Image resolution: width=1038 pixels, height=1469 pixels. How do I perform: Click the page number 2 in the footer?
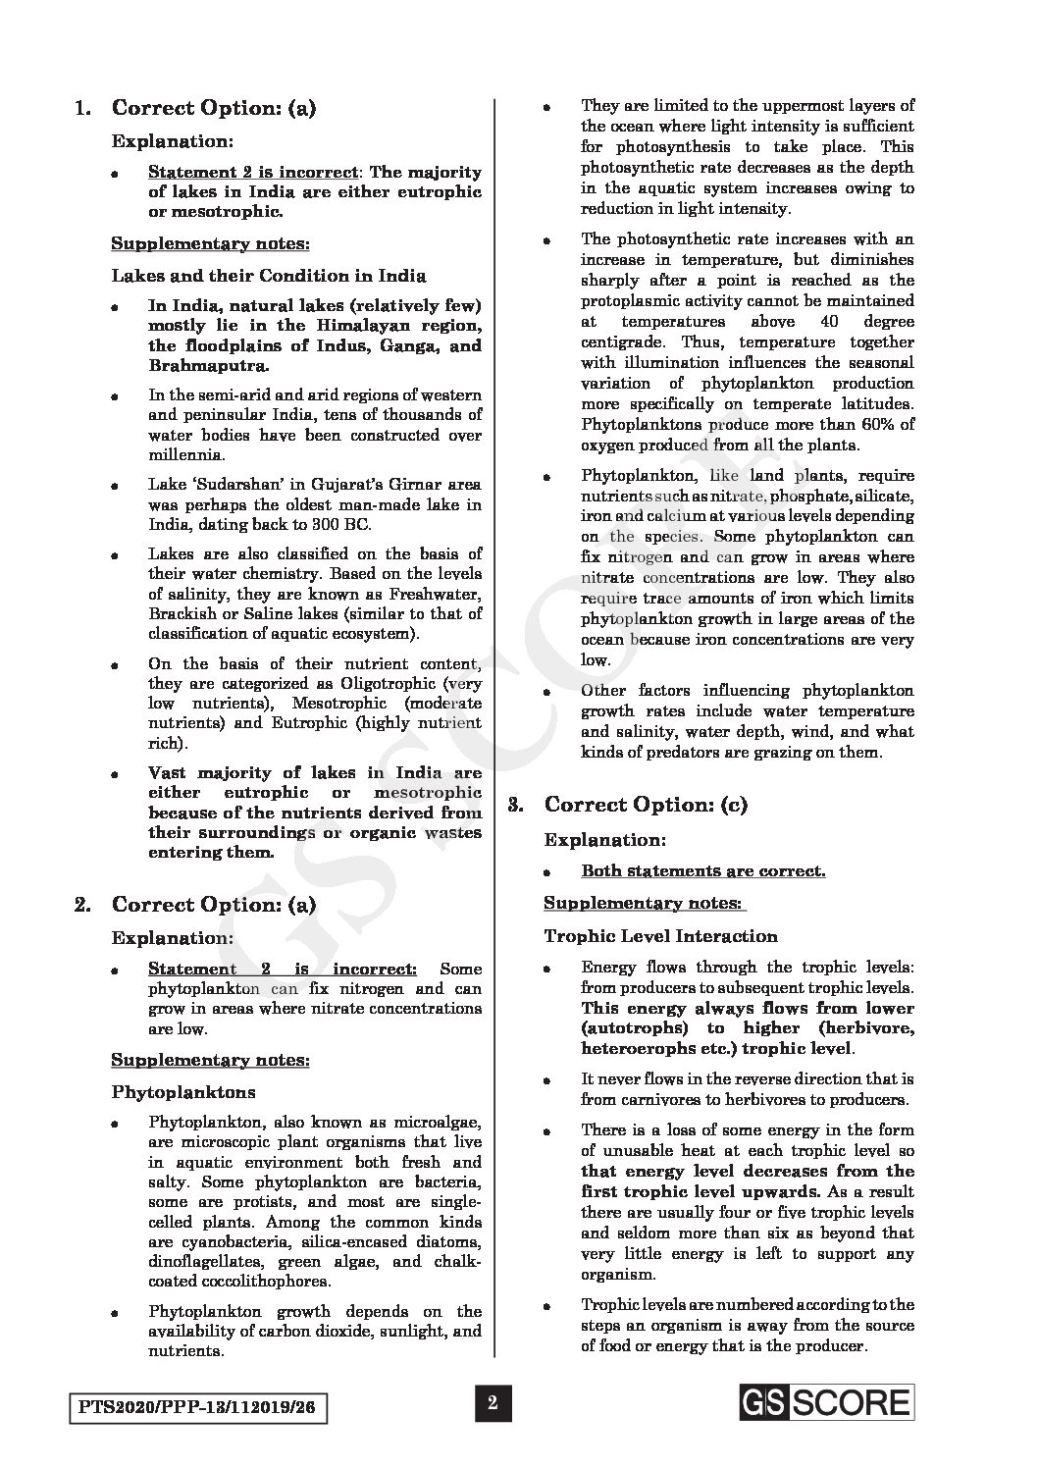click(493, 1403)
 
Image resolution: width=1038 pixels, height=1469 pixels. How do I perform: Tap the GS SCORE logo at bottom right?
click(827, 1402)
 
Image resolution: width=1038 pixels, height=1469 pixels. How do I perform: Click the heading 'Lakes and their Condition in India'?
click(269, 276)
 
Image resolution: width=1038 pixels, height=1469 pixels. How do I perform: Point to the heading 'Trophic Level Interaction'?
click(661, 936)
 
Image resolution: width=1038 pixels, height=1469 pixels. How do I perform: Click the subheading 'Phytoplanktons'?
click(182, 1091)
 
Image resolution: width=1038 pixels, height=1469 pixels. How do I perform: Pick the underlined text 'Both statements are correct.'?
click(702, 870)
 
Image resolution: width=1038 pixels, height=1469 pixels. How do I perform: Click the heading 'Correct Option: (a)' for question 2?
click(214, 904)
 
